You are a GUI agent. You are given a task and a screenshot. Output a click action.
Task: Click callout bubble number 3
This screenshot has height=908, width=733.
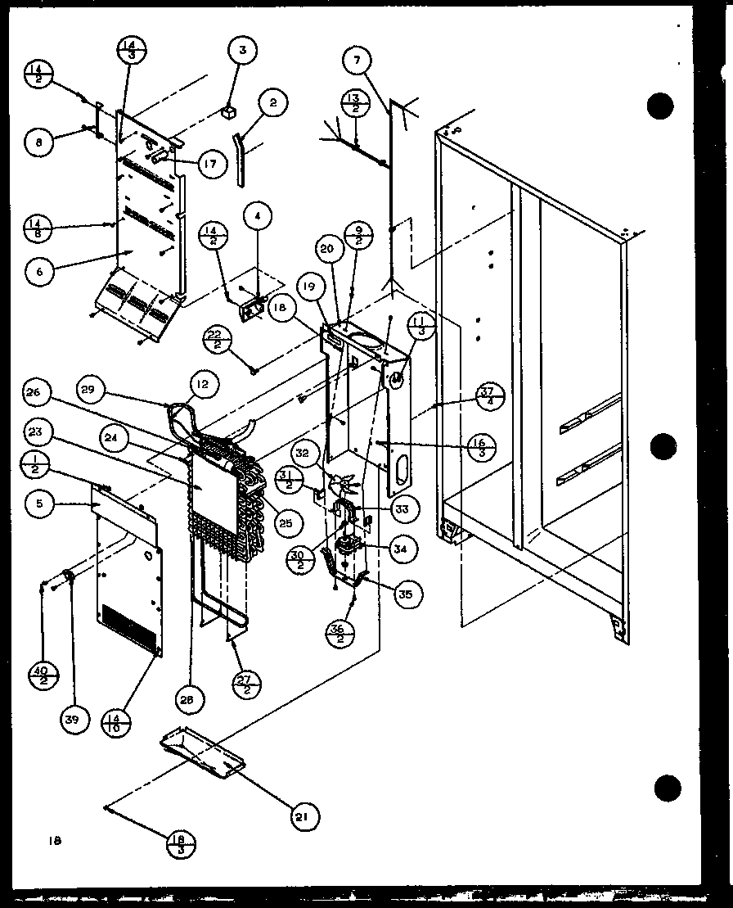tap(241, 51)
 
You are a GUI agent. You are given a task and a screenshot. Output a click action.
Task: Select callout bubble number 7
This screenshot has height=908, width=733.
tap(357, 60)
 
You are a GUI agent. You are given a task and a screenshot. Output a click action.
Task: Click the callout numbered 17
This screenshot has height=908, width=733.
tap(210, 164)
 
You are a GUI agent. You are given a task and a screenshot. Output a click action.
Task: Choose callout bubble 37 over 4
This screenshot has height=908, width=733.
tap(489, 395)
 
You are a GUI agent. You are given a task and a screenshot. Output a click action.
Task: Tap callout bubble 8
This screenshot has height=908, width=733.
tap(38, 141)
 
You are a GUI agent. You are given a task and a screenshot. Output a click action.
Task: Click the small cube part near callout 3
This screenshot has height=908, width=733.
tap(230, 110)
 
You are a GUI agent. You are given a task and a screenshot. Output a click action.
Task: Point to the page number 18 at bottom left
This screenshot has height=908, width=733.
tap(54, 839)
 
